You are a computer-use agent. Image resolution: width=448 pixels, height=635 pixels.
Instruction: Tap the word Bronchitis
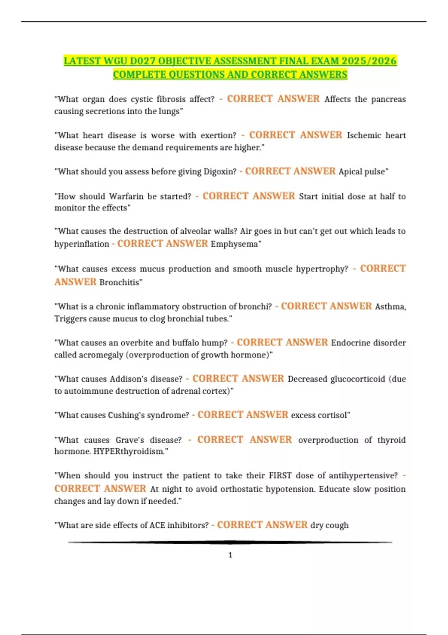click(119, 282)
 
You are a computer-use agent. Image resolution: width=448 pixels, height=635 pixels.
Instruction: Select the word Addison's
click(128, 379)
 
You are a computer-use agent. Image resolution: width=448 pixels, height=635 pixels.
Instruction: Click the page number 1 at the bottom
click(230, 555)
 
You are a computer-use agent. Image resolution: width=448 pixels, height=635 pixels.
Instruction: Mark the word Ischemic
click(364, 136)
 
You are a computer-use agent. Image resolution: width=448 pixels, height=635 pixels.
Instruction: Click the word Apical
click(350, 172)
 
